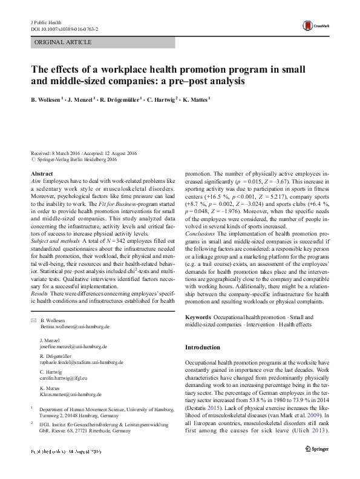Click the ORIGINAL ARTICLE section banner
point(64,42)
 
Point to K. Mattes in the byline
point(194,98)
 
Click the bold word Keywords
point(198,317)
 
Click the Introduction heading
point(202,348)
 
